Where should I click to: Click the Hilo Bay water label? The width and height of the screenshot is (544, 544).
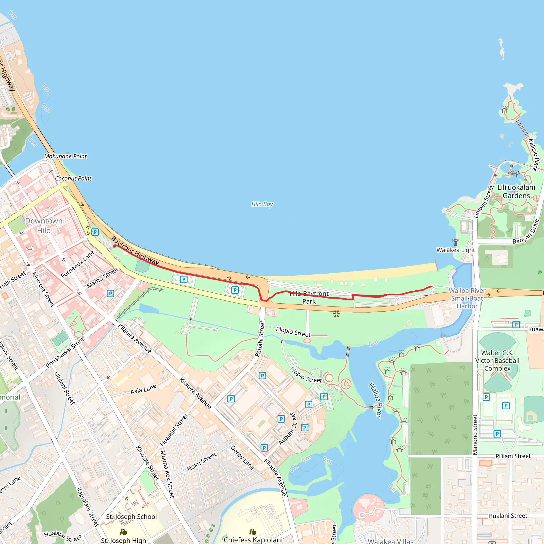262,204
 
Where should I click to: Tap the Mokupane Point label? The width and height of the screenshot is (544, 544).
65,156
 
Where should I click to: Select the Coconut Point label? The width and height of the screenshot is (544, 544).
73,178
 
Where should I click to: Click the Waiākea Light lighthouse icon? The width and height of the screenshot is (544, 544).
455,242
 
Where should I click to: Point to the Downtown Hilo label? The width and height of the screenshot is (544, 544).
44,226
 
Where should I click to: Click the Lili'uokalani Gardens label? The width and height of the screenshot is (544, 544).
516,192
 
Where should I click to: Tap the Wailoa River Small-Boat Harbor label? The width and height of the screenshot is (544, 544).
467,298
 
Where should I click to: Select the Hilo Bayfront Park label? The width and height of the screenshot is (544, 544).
309,297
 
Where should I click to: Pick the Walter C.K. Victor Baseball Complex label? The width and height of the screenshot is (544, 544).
497,360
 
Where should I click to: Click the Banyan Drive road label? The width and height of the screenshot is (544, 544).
526,232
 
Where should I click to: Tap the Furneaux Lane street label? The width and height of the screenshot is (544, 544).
78,264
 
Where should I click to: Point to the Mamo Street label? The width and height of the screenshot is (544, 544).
103,278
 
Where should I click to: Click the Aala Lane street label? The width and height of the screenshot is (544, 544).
143,390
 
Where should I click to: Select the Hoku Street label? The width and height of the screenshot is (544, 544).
202,461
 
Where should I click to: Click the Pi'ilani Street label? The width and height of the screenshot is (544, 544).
513,456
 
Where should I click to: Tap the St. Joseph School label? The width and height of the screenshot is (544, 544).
131,517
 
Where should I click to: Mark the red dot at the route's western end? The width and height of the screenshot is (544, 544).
114,246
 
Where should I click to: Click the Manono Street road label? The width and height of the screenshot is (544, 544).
475,435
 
